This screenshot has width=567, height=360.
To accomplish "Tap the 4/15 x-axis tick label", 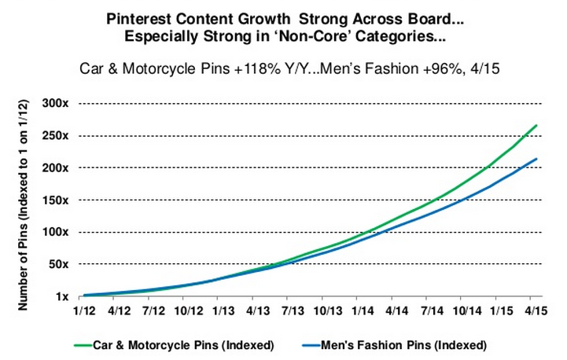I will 537,312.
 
